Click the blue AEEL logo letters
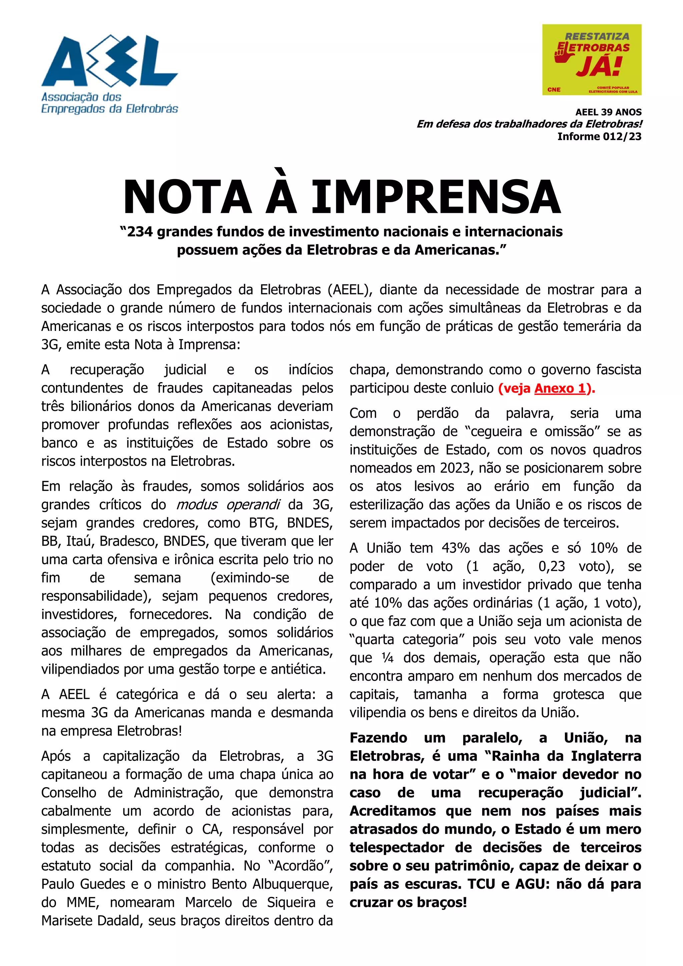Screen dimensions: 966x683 tap(109, 61)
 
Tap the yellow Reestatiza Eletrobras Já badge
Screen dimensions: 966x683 tap(591, 59)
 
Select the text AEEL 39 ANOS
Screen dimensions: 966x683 tap(608, 112)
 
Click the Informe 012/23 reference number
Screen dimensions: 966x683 tap(599, 136)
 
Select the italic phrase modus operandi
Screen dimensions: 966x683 tap(228, 504)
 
